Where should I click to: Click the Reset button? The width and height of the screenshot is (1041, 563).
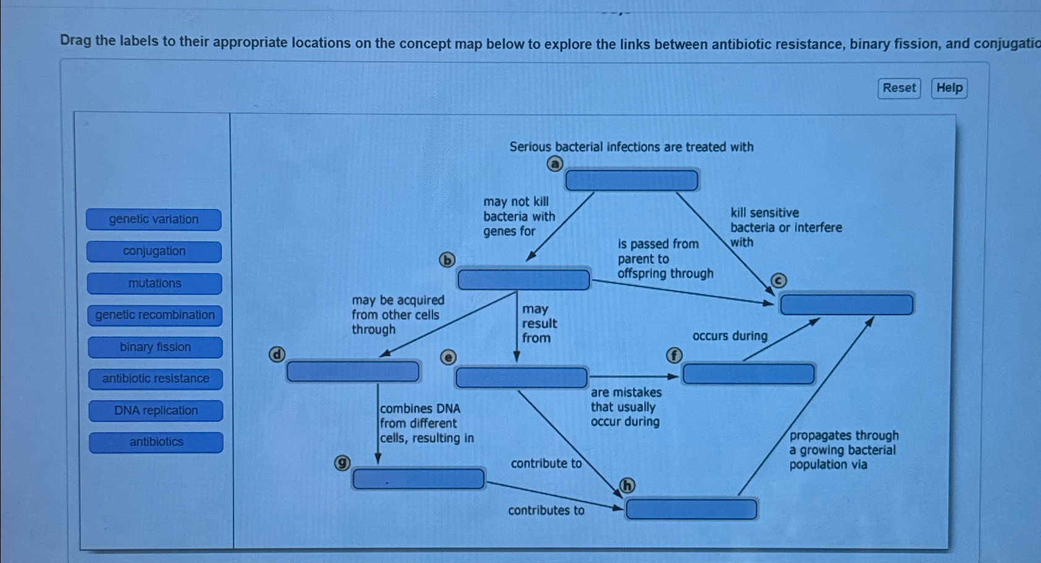coord(899,88)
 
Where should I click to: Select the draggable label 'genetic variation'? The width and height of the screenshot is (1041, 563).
coord(154,219)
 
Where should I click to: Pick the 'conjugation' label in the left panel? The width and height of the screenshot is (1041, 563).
coord(154,252)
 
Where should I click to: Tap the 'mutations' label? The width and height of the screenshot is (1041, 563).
coord(154,284)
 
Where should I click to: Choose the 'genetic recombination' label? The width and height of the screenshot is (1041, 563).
coord(154,315)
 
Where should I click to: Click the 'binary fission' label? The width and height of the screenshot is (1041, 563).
coord(155,347)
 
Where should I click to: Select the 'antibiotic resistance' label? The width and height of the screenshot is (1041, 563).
coord(155,379)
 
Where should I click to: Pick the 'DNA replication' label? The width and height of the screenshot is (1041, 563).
coord(156,411)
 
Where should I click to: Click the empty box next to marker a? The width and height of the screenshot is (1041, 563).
coord(631,180)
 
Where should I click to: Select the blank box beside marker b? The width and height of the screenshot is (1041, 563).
coord(523,279)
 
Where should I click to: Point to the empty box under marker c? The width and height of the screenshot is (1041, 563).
coord(846,305)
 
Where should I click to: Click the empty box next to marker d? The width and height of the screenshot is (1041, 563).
coord(353,371)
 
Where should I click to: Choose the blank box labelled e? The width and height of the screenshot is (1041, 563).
coord(521,377)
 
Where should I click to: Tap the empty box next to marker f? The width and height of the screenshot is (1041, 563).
coord(748,374)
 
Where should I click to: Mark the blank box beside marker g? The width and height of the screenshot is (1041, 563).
coord(418,479)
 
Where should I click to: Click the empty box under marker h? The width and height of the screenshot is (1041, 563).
coord(691,509)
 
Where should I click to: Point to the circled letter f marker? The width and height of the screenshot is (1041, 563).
coord(674,355)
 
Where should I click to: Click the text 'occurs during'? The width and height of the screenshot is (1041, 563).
coord(730,336)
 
